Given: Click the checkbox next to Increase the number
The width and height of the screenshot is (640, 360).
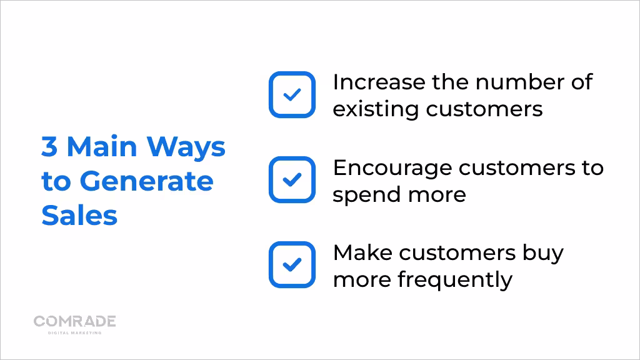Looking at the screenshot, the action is [292, 95].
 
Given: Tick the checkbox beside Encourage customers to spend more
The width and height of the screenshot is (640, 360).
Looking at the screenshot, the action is [292, 179].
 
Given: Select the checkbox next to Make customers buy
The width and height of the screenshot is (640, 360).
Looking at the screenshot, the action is [292, 264].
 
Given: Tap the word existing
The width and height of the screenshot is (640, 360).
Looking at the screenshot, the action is [376, 109].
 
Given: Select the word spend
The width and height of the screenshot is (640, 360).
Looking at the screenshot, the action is [366, 195].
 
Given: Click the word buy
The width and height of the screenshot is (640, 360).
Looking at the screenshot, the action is [543, 254].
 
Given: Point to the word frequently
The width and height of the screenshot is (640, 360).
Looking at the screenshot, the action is [455, 281].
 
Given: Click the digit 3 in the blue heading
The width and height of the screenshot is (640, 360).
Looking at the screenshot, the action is [49, 146].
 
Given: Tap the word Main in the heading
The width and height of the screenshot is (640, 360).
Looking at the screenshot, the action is [102, 146].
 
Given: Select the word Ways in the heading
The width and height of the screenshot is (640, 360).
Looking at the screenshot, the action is [186, 147].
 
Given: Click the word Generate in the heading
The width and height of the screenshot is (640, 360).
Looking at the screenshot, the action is [146, 181].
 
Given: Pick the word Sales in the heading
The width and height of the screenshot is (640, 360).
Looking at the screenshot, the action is [79, 215].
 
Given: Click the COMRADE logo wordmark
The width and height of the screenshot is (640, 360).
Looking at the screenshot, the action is [75, 321].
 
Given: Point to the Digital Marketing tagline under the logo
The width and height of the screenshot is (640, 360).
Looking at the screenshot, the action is [75, 332].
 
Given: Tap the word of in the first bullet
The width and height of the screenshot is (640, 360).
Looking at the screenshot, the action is [582, 82].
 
